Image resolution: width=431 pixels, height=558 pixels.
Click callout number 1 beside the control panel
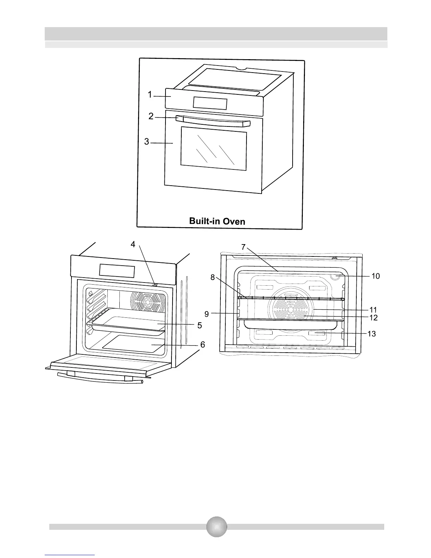coord(150,94)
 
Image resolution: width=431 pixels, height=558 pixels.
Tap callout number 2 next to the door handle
coord(151,116)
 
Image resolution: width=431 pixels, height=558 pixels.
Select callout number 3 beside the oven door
coord(146,142)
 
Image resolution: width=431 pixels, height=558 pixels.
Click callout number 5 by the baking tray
coord(200,325)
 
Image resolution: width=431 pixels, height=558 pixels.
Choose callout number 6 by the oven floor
coord(202,345)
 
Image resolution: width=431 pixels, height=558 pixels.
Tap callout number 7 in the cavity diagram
coord(243,247)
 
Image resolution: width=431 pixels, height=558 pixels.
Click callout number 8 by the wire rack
coord(213,278)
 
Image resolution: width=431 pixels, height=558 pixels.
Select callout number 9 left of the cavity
coord(207,314)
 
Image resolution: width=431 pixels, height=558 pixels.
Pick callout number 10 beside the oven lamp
coord(376,276)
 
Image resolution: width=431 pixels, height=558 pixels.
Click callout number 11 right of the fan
coord(373,310)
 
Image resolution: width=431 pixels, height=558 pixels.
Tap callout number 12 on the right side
coord(373,318)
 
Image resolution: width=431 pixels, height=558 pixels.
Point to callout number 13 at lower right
coord(372,334)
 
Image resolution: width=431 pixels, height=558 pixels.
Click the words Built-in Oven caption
coord(217,221)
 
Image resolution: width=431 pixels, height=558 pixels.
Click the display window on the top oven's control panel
coord(210,104)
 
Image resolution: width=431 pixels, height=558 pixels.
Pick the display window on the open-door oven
coord(117,271)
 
